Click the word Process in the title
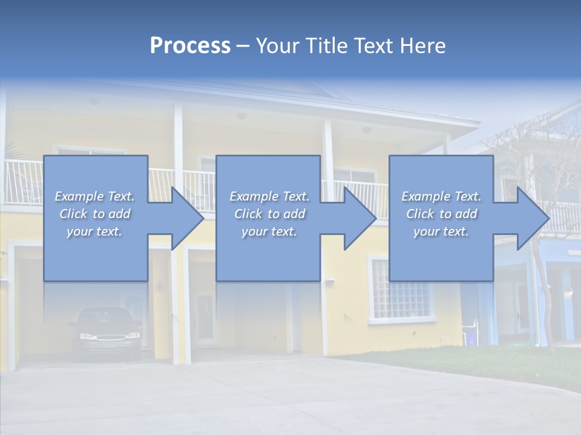click(190, 46)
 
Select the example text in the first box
click(94, 214)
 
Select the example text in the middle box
click(269, 214)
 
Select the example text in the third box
click(441, 214)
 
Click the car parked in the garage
click(105, 332)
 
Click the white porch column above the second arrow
click(329, 151)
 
